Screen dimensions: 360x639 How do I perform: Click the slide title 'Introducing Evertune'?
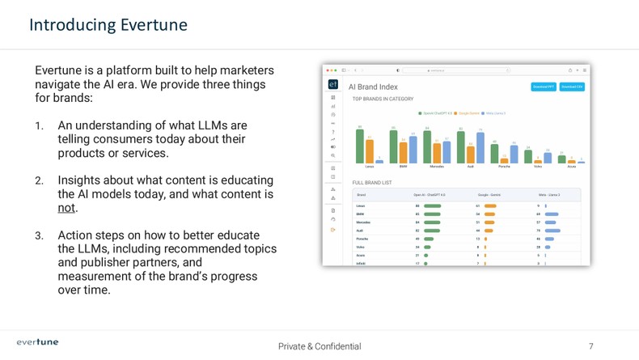(x=108, y=25)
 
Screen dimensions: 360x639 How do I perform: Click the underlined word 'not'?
(x=66, y=208)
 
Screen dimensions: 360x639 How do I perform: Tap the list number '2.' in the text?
(x=39, y=180)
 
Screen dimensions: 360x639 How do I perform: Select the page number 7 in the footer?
(x=590, y=346)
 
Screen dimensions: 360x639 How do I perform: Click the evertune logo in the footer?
(x=37, y=342)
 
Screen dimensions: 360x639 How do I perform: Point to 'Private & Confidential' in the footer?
(x=319, y=346)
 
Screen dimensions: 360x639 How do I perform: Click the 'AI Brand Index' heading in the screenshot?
(x=373, y=87)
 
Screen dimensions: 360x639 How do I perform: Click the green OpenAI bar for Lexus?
(x=360, y=146)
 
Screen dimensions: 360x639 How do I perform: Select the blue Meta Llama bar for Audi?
(x=480, y=146)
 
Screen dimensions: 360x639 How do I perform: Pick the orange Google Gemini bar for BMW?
(x=404, y=152)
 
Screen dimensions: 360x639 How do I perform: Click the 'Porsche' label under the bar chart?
(x=504, y=166)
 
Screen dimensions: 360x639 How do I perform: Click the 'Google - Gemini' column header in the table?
(x=489, y=195)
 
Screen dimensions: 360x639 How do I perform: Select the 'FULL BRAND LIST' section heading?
(x=372, y=183)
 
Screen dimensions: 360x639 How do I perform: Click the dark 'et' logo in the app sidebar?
(x=333, y=85)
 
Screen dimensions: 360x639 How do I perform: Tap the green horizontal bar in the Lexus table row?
(x=432, y=205)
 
